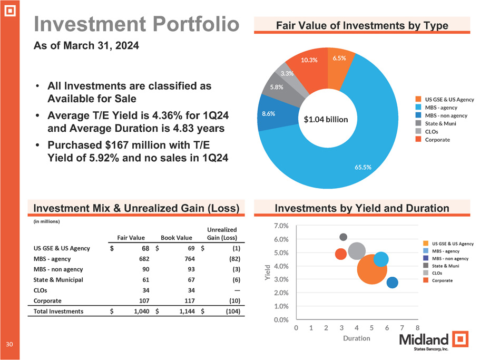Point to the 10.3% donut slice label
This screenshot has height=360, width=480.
point(309,60)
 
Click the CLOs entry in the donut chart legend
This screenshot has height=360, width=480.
point(431,131)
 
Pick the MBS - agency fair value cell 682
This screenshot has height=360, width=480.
point(142,259)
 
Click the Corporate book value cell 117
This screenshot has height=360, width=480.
point(188,300)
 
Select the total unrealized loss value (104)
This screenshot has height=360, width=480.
point(231,312)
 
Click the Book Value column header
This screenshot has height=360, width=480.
point(177,238)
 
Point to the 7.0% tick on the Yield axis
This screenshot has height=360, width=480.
point(281,226)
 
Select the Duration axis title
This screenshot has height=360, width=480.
point(356,338)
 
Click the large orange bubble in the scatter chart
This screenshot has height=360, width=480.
point(372,269)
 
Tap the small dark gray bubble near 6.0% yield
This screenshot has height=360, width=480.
point(344,237)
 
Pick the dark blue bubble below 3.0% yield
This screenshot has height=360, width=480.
point(392,283)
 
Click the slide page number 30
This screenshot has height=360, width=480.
point(9,344)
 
